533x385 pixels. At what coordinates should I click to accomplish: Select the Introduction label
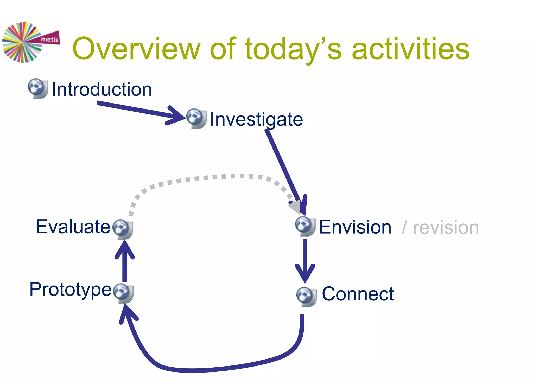102,89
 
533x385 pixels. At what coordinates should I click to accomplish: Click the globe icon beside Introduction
38,88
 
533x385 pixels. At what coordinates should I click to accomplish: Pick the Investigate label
256,119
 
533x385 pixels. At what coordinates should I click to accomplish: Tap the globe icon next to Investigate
196,118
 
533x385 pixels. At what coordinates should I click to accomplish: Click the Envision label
355,227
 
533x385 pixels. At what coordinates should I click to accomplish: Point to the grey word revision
446,228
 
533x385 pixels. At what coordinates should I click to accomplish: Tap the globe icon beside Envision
305,226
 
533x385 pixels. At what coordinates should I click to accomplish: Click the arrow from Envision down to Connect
305,260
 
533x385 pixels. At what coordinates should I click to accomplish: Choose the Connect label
358,294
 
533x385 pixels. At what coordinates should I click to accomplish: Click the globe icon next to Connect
306,297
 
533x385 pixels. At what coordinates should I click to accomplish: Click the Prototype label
71,289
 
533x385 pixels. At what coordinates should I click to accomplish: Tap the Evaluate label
73,227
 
